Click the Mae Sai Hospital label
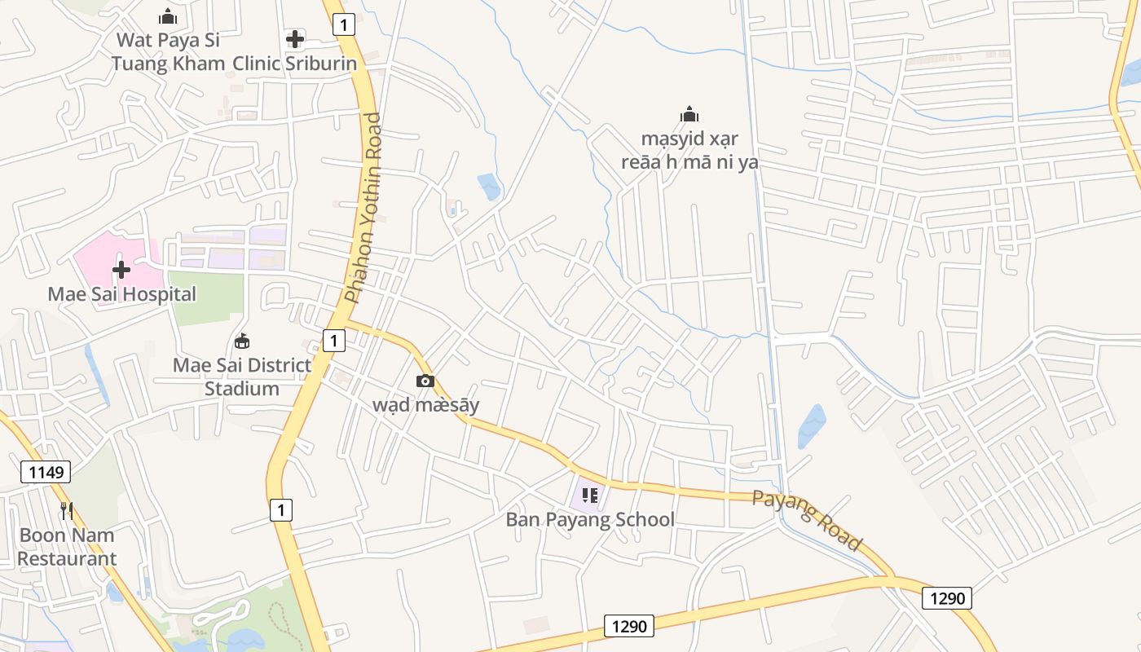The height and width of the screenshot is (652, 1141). [x=122, y=294]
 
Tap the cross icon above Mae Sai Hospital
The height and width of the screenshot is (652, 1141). [x=121, y=269]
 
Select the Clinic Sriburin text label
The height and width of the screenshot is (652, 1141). [x=295, y=64]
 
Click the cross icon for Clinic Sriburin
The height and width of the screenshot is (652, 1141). [x=295, y=38]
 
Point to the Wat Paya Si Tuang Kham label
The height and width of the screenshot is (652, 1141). [x=168, y=51]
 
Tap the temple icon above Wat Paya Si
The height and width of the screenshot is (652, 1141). [x=168, y=15]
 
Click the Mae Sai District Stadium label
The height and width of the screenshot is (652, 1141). [x=242, y=377]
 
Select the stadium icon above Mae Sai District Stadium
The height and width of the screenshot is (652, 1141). [x=242, y=341]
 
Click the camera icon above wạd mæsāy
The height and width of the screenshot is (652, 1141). [x=425, y=381]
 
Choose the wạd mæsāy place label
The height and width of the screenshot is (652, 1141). [x=425, y=405]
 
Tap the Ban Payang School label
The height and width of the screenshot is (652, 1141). [x=590, y=519]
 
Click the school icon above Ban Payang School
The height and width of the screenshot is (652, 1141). [x=590, y=495]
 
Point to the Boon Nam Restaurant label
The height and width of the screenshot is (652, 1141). [x=67, y=547]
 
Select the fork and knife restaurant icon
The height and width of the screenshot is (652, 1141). [x=67, y=511]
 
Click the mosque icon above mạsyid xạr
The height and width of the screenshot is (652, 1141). [x=689, y=114]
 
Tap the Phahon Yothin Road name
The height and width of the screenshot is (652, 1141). [x=363, y=208]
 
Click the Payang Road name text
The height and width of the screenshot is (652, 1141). [x=807, y=520]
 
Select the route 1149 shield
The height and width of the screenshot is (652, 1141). [x=46, y=472]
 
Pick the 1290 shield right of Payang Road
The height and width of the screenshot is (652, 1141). [x=947, y=598]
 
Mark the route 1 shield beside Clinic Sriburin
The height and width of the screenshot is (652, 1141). [x=344, y=25]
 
